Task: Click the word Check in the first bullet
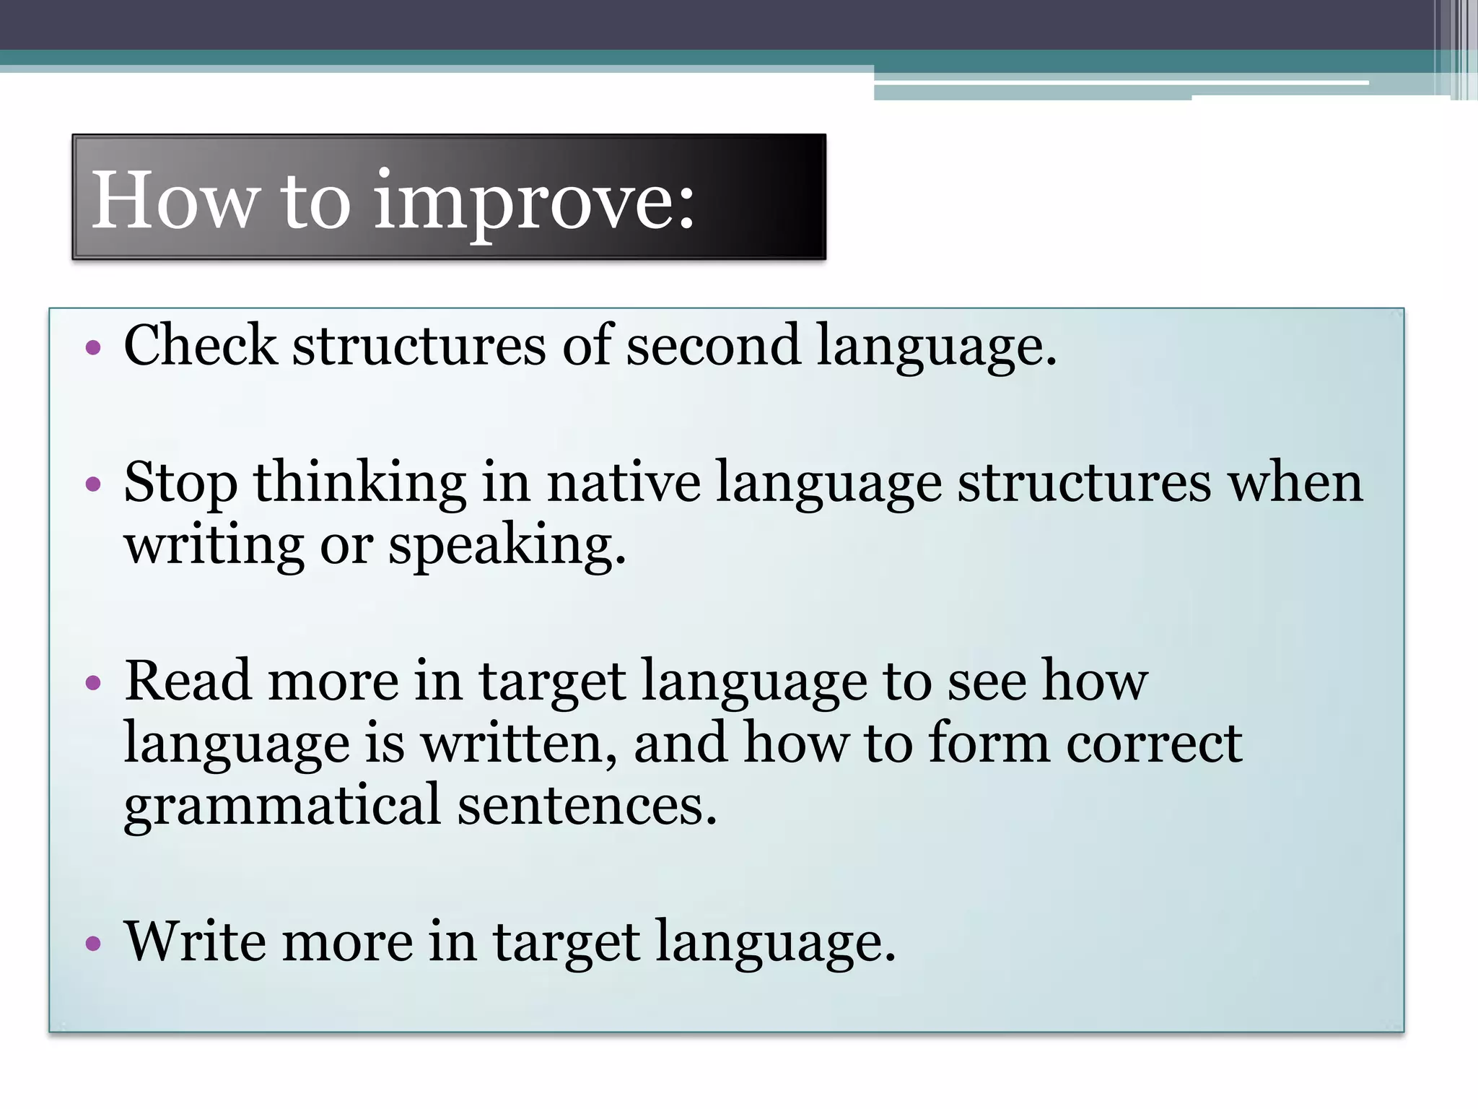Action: (200, 345)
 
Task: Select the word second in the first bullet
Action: (712, 345)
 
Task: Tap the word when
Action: (1295, 482)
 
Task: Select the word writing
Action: (214, 546)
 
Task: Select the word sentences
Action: (587, 806)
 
